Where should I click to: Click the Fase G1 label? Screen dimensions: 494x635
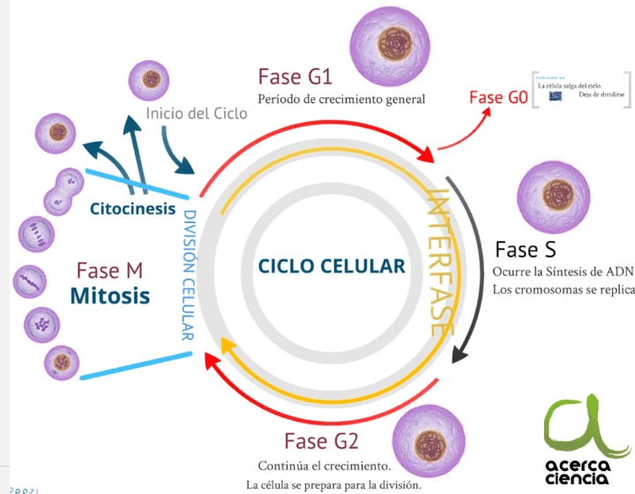click(295, 76)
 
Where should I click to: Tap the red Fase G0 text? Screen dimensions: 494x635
click(498, 97)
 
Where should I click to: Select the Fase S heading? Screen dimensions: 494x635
click(526, 249)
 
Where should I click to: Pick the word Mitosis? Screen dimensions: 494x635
click(110, 295)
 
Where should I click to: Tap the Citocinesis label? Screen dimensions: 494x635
click(133, 209)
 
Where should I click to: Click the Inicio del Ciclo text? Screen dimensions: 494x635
click(197, 114)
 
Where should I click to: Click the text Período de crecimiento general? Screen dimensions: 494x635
click(341, 100)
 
